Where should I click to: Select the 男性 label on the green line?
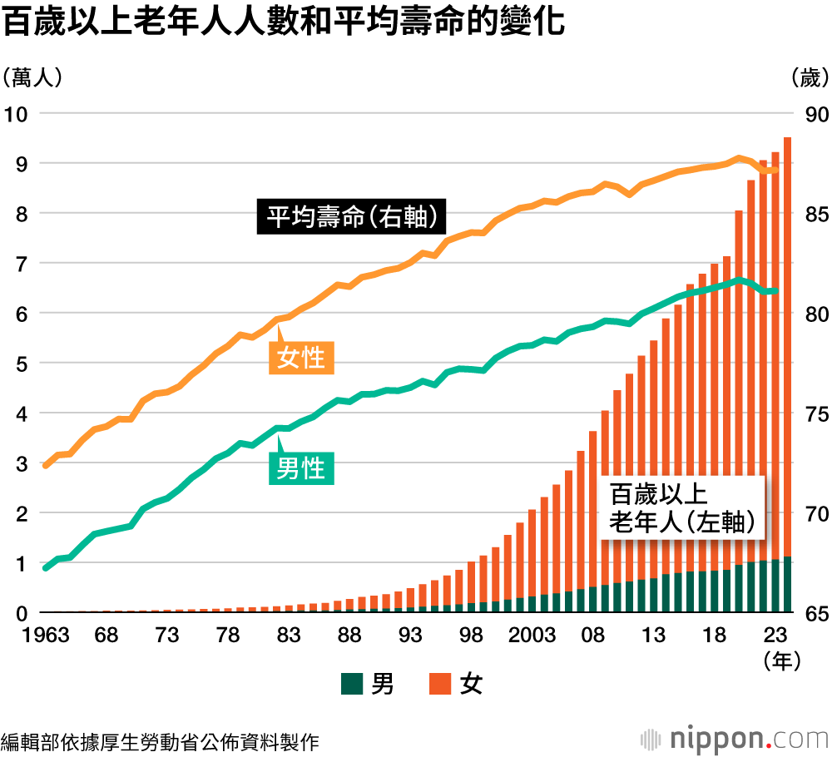(x=300, y=468)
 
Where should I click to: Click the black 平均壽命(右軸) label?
(x=352, y=217)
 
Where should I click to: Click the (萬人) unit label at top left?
(x=32, y=78)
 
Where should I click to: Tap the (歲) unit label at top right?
(x=807, y=78)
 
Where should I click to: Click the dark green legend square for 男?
(x=353, y=685)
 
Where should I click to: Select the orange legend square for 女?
(x=440, y=685)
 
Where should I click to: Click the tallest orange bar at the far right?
(x=787, y=333)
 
